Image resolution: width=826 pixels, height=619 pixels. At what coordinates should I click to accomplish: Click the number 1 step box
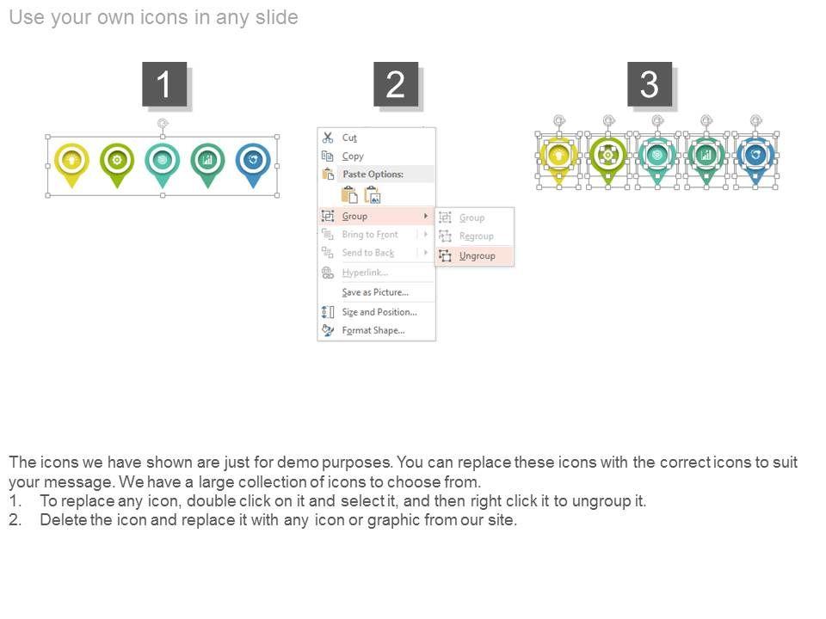[x=164, y=84]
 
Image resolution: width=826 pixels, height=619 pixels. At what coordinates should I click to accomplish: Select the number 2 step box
[x=396, y=84]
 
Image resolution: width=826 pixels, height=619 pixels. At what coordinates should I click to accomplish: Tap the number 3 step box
[x=650, y=84]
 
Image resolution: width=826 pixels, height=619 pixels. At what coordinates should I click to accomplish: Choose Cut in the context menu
[x=349, y=138]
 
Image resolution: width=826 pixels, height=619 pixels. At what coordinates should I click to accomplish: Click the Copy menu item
[x=353, y=156]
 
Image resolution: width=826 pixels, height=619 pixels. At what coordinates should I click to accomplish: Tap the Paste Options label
[x=373, y=175]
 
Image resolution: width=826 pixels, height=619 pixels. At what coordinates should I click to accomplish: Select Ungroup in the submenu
[x=477, y=256]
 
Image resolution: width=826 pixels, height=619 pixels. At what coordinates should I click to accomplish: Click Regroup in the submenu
[x=476, y=236]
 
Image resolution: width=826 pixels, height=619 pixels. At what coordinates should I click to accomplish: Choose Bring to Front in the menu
[x=370, y=234]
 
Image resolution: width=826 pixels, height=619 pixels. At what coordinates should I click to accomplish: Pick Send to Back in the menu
[x=367, y=253]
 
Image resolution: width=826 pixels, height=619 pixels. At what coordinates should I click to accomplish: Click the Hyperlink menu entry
[x=365, y=273]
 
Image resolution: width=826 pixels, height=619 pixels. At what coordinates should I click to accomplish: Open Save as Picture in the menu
[x=375, y=292]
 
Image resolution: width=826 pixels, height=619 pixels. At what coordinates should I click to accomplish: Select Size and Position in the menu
[x=379, y=312]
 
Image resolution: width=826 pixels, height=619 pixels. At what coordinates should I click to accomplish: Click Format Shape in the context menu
[x=373, y=330]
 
